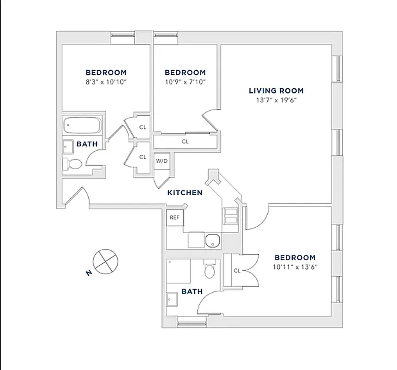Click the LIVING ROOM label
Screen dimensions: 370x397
tap(276, 91)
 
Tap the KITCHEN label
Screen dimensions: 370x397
tap(185, 193)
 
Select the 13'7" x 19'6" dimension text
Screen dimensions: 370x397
tap(276, 100)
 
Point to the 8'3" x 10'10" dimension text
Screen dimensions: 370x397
tap(106, 82)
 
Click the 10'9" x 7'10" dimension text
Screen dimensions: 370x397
tap(185, 82)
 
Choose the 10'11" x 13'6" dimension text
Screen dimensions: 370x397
tap(295, 267)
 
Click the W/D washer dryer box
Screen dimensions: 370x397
tap(162, 161)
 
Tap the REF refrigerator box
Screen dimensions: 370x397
tap(174, 217)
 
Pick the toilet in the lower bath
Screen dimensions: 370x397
tap(210, 270)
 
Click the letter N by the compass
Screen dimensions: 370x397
tap(88, 273)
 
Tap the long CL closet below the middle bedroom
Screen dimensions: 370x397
tap(185, 142)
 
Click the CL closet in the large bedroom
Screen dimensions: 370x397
tap(236, 271)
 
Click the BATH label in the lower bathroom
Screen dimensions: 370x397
tap(192, 291)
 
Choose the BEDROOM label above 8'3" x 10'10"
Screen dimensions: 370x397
tap(106, 73)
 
